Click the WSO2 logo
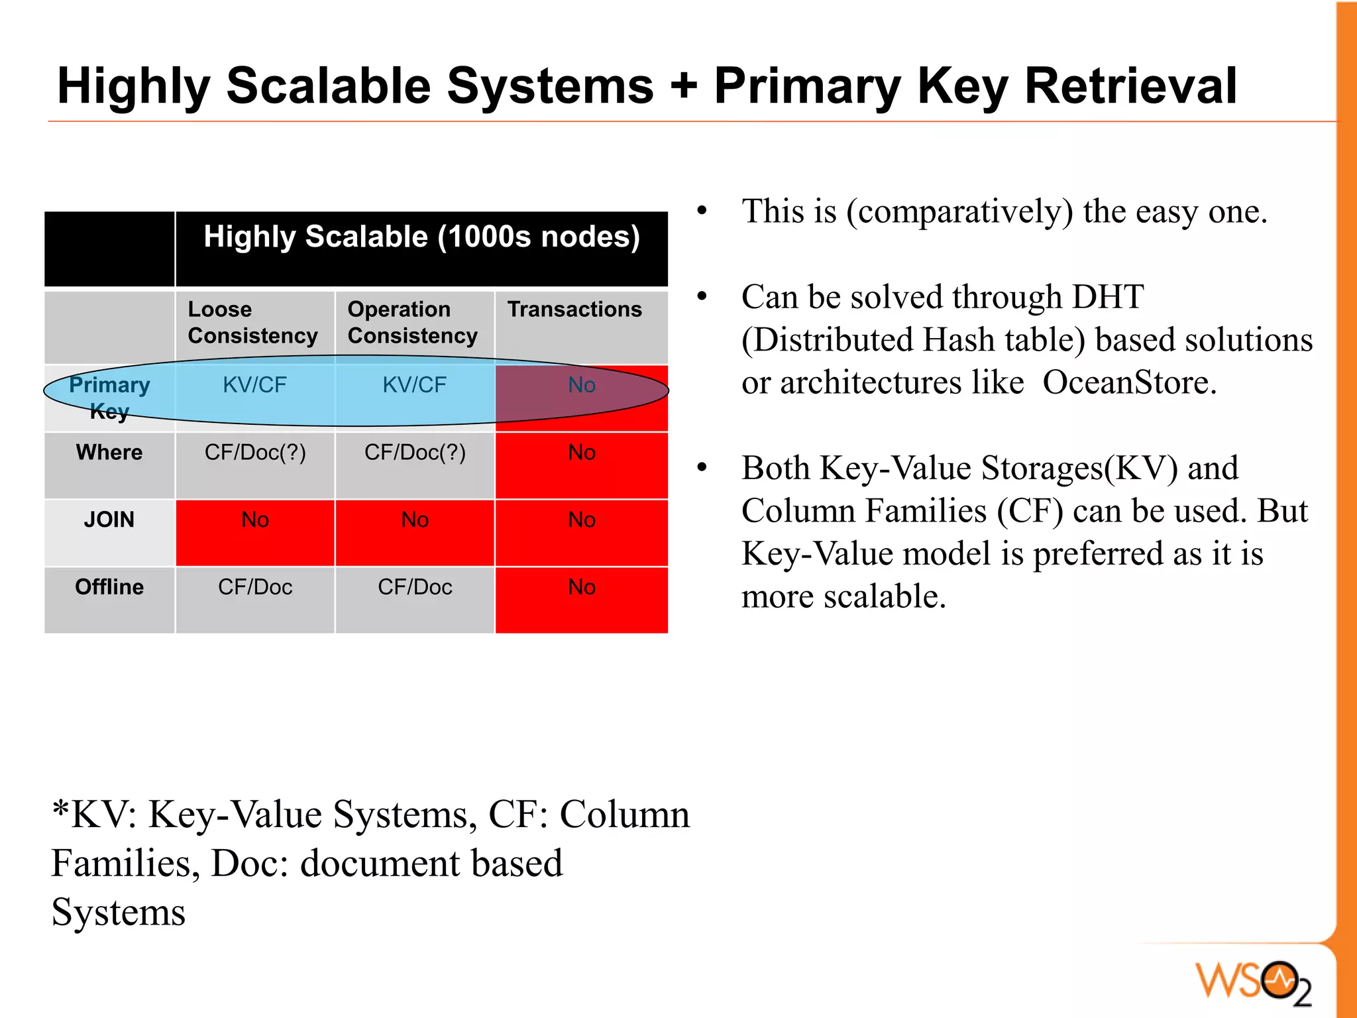[1252, 982]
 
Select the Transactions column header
[574, 310]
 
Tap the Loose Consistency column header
[252, 323]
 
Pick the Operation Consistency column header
[412, 323]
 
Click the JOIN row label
[109, 520]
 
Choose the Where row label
[109, 453]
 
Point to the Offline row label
[109, 587]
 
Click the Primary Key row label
[109, 398]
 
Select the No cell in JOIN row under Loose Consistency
[255, 520]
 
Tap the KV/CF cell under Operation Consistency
[415, 385]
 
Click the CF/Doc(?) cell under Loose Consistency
[255, 453]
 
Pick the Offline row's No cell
[582, 587]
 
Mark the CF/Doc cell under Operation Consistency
[415, 587]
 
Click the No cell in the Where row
[582, 453]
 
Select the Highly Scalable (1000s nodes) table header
[421, 237]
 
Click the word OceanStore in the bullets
[1129, 383]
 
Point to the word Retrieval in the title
[1130, 86]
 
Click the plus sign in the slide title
[683, 87]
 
